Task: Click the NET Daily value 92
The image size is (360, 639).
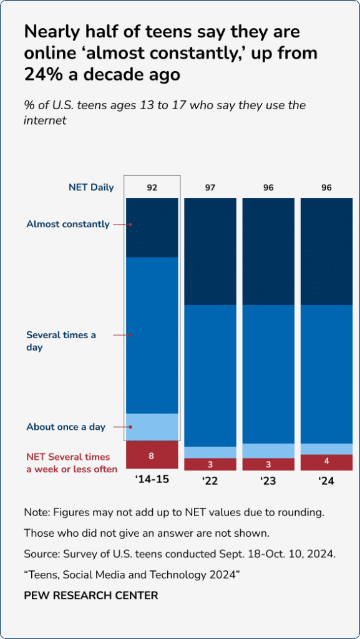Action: [152, 187]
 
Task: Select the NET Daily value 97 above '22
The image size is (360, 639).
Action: [210, 187]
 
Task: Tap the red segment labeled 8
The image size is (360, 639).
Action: [152, 456]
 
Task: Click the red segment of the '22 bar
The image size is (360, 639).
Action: [210, 464]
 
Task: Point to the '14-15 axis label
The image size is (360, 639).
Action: [152, 480]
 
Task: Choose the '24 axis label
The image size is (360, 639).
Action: [326, 480]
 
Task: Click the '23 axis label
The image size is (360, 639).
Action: [268, 480]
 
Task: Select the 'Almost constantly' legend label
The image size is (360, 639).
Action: [68, 224]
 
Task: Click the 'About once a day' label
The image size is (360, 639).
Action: [66, 427]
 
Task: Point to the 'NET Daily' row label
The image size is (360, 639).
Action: [91, 187]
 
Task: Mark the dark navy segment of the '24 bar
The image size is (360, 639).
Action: [326, 251]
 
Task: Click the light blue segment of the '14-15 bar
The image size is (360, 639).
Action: [152, 427]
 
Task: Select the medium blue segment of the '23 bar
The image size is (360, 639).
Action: [268, 374]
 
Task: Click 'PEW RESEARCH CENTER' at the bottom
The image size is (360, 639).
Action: [91, 595]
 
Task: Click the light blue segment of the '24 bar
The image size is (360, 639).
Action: [326, 449]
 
